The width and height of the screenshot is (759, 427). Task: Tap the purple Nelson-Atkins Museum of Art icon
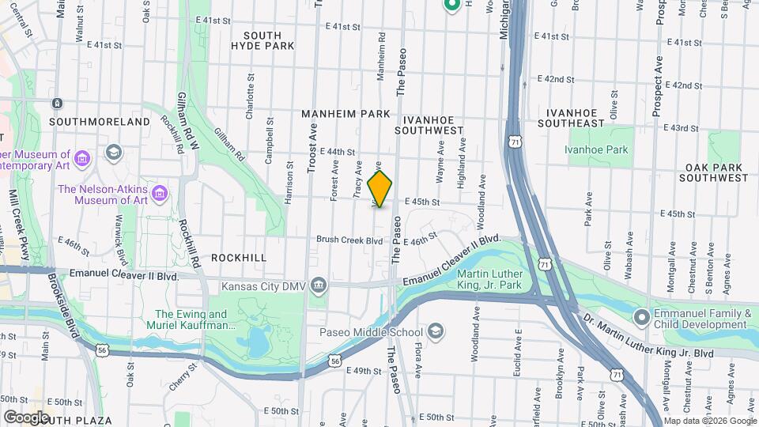point(160,193)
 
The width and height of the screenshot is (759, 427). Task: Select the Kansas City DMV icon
point(319,285)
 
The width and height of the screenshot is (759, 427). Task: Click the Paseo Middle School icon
point(436,331)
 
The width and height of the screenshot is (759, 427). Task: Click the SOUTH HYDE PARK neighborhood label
point(263,41)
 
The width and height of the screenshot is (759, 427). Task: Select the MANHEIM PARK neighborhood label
point(346,114)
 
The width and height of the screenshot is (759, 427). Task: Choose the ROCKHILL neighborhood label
point(238,258)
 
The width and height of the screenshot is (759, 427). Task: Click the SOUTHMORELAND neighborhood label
point(99,122)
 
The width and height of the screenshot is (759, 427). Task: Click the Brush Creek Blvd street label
point(349,240)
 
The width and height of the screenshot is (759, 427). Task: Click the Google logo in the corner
point(27,417)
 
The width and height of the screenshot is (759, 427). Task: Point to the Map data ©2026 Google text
point(709,421)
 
